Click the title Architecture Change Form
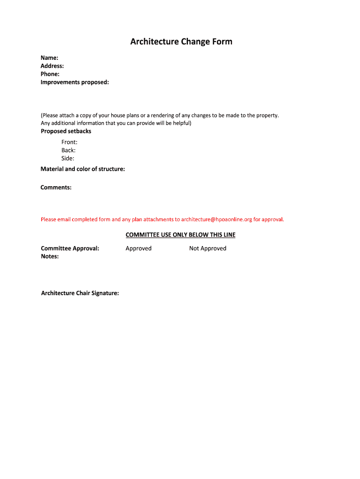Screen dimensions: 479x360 [181, 42]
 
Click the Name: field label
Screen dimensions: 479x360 [50, 58]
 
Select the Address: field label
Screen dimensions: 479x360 [52, 66]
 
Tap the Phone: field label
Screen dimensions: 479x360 [50, 74]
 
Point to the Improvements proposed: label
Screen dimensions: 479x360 [75, 82]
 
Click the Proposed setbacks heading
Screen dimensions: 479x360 [66, 131]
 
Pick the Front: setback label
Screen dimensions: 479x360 [69, 142]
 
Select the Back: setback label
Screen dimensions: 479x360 [68, 150]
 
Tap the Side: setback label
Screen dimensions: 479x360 [68, 159]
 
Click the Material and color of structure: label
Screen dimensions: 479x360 [83, 169]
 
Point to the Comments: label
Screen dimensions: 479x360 [56, 188]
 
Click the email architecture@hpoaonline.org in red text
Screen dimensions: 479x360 [216, 219]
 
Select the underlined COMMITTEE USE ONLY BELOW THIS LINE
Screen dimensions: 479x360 [180, 235]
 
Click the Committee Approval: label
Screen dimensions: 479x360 [70, 248]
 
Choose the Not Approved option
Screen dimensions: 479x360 [208, 248]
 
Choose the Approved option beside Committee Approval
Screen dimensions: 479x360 [138, 248]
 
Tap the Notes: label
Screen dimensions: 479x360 [50, 256]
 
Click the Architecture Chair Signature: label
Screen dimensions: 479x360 [80, 293]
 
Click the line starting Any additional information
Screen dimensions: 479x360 [116, 123]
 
